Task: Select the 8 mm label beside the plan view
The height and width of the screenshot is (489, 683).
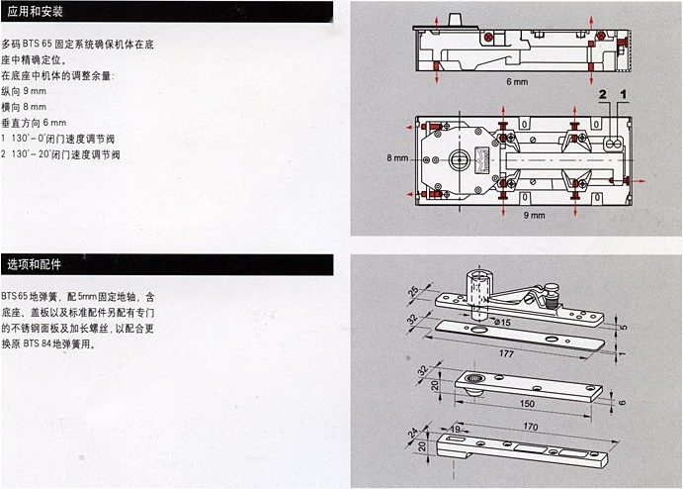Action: click(x=398, y=157)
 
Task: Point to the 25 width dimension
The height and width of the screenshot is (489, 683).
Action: click(x=413, y=294)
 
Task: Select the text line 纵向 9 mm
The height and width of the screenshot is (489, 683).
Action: click(x=24, y=90)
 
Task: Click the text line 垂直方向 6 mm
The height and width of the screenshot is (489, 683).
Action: click(x=33, y=122)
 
